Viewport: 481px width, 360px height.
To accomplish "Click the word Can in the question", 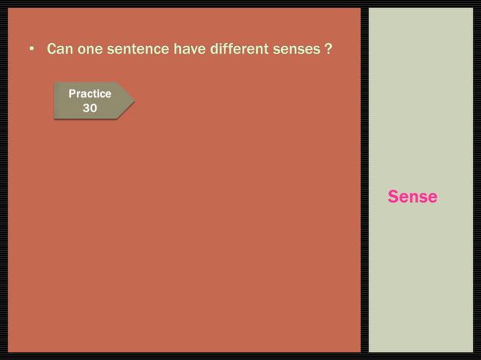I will (x=60, y=50).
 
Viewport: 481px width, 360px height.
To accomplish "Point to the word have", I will (x=188, y=50).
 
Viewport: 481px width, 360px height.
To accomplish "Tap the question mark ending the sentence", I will (x=329, y=50).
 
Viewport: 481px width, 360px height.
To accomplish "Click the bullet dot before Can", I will (x=32, y=50).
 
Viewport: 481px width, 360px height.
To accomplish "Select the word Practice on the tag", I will (x=90, y=94).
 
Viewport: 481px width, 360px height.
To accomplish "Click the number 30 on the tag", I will (x=90, y=108).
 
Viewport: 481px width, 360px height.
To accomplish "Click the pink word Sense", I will (x=412, y=197).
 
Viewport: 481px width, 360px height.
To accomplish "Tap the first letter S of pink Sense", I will (x=394, y=197).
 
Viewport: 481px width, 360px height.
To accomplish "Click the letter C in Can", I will (x=52, y=50).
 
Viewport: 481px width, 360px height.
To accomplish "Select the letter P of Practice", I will (x=72, y=94).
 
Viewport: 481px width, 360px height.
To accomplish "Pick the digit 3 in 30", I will (x=86, y=108).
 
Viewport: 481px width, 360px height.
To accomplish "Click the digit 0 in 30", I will (x=93, y=108).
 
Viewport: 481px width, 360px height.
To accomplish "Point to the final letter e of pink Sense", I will (x=432, y=197).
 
